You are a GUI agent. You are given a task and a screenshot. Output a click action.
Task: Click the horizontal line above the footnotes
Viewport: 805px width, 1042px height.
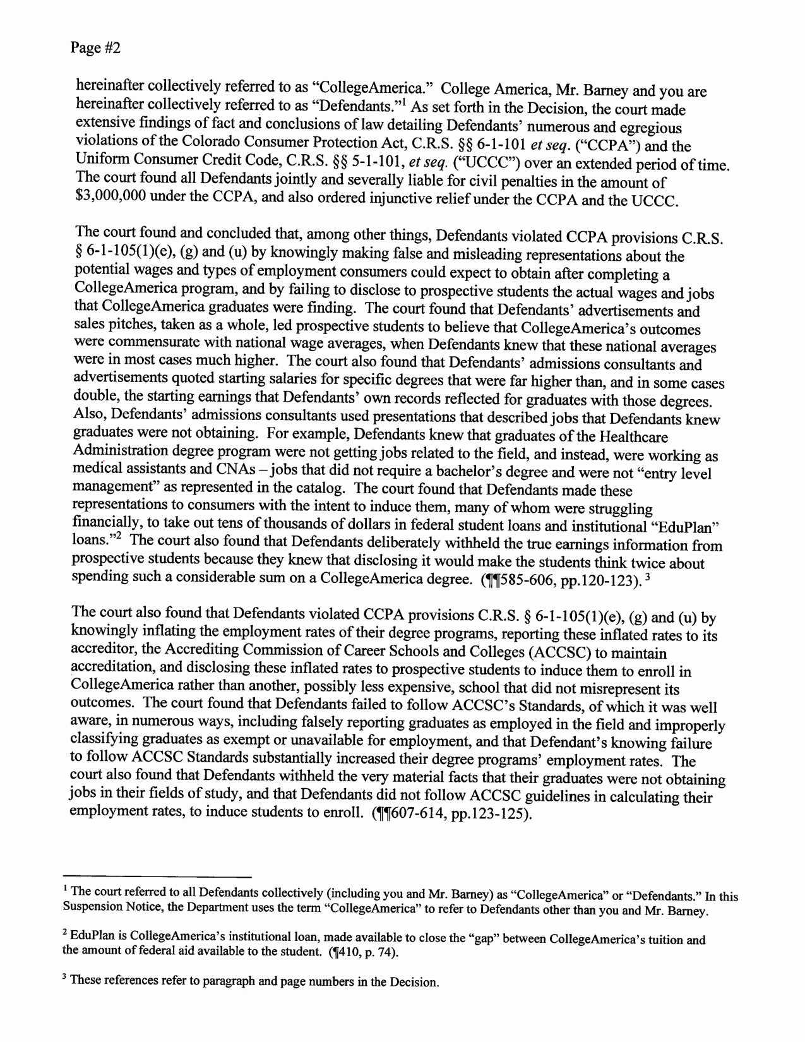[x=163, y=877]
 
